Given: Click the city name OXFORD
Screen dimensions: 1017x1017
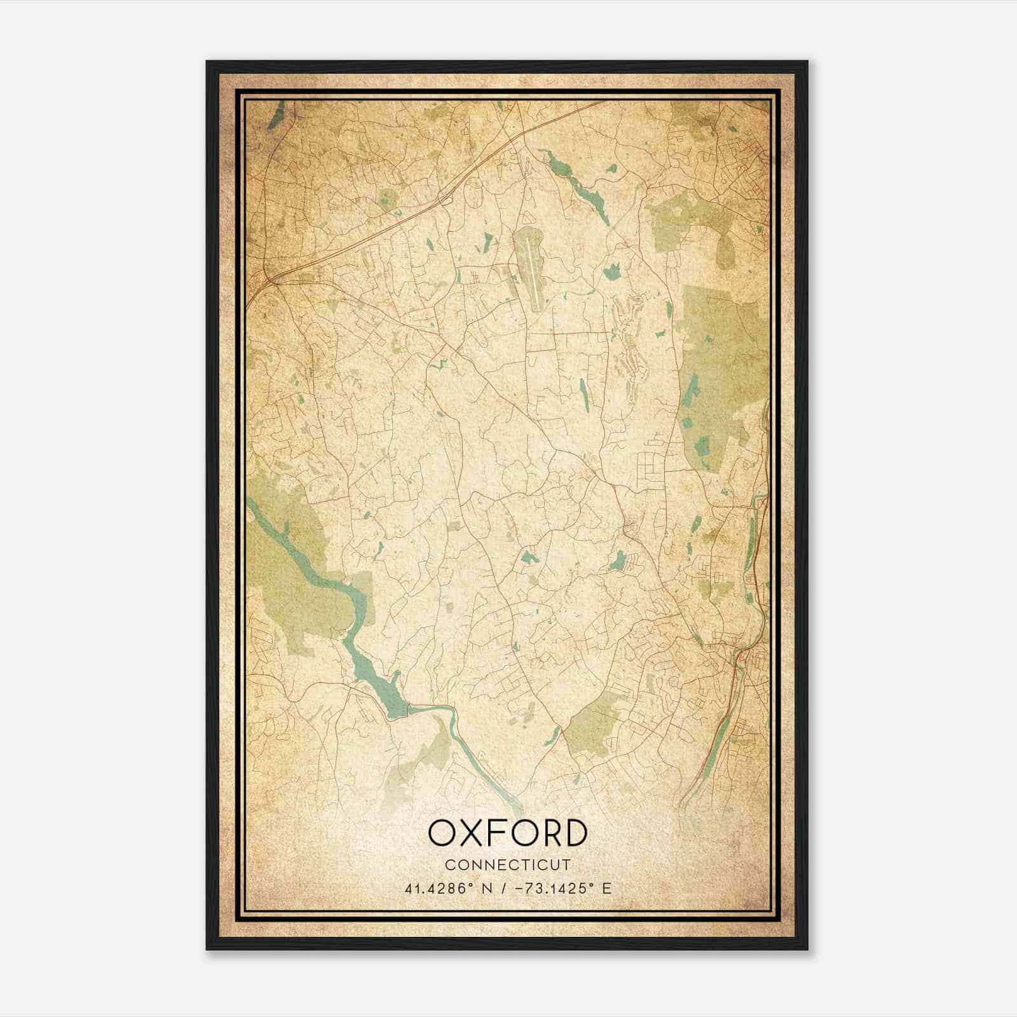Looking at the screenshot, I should tap(507, 833).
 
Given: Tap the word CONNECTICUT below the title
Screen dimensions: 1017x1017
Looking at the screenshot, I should tap(507, 865).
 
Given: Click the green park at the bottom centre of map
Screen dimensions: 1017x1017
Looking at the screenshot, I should tap(594, 725).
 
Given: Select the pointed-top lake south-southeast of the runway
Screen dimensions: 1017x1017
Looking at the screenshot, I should tap(584, 394).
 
